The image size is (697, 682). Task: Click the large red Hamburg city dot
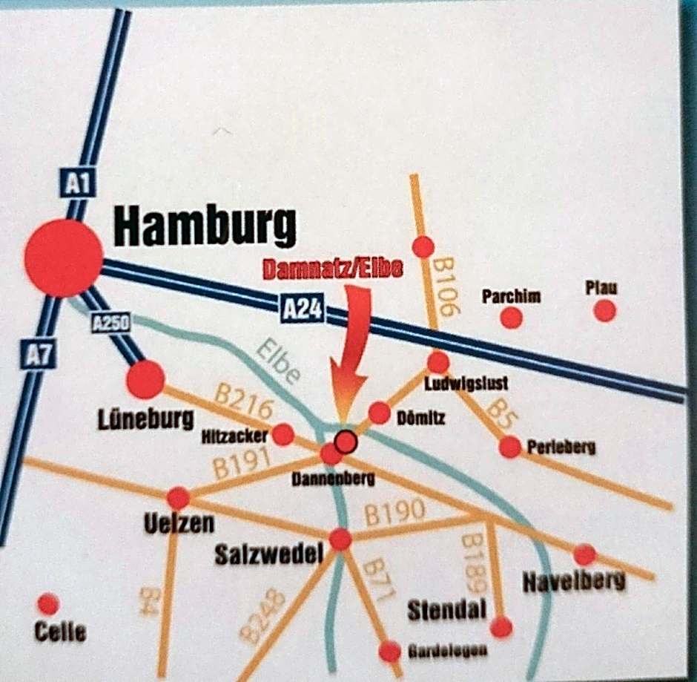63,258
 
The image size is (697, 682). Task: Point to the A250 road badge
111,322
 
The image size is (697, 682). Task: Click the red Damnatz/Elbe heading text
333,269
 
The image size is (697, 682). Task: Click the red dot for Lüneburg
145,379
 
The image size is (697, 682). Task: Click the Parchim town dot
511,318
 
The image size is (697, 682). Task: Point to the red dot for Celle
48,604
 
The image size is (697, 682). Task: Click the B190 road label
394,512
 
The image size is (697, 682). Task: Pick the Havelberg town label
573,582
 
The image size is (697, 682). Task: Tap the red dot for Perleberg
509,447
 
